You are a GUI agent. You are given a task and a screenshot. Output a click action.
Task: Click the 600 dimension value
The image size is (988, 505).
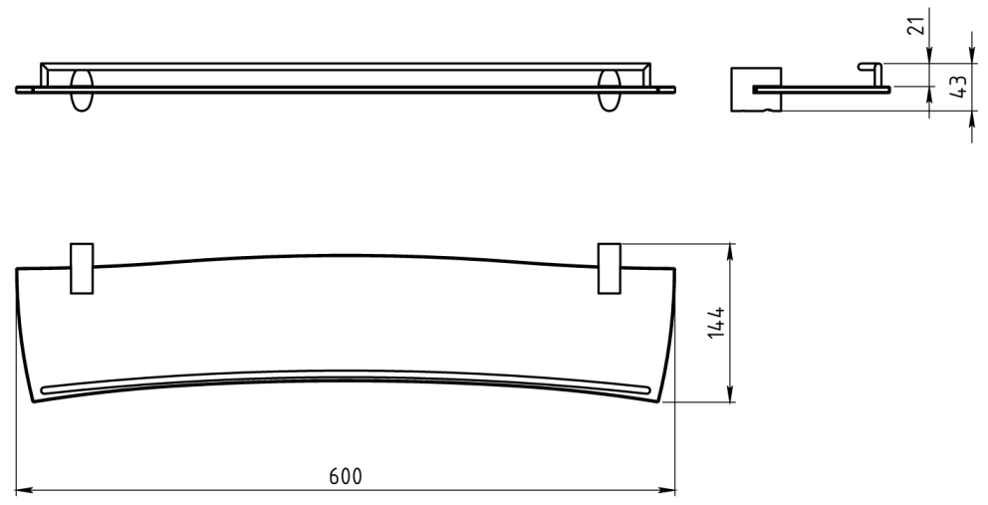click(x=346, y=477)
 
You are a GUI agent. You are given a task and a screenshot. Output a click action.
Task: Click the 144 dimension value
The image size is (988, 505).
click(x=716, y=324)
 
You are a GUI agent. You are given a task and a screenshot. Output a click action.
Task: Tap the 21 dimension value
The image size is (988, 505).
click(x=918, y=26)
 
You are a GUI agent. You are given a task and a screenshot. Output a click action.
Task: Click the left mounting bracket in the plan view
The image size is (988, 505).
click(x=82, y=269)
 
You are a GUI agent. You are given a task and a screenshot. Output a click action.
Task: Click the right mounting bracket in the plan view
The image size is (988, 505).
click(x=610, y=269)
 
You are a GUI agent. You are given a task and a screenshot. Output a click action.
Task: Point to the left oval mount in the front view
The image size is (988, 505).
click(x=82, y=91)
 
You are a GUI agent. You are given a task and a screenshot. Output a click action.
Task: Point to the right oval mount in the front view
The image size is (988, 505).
click(x=610, y=91)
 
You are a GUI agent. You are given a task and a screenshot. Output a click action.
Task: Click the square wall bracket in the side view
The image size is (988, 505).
click(x=756, y=90)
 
